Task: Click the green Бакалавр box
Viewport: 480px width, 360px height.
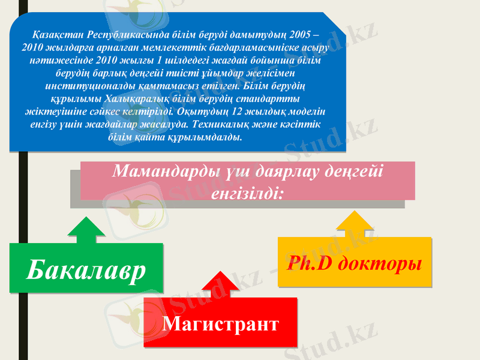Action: (x=86, y=268)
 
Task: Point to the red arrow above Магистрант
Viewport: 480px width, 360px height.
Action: (x=221, y=285)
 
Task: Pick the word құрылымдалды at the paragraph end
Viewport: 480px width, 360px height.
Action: (x=203, y=138)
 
